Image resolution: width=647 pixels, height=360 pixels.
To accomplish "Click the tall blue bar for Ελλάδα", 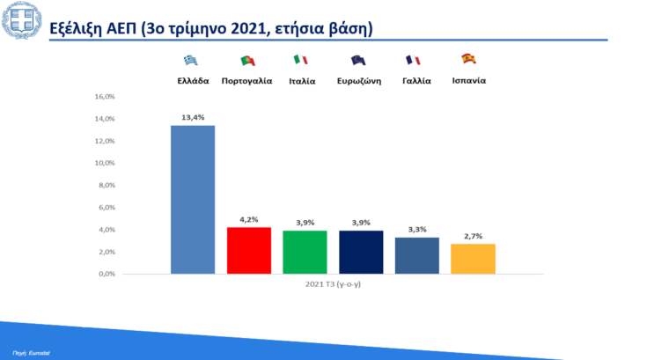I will [x=192, y=199].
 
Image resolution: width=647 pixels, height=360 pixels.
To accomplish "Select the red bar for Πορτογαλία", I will [x=249, y=250].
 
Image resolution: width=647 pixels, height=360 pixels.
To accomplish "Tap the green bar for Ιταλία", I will [x=305, y=252].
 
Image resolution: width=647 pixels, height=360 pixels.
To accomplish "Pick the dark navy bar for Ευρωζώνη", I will [x=361, y=252].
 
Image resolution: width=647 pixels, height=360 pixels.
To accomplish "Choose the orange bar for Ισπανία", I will [x=473, y=259].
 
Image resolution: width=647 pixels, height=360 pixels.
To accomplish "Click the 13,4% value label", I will [x=192, y=116].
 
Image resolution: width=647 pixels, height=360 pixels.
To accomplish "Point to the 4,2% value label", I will [x=249, y=219].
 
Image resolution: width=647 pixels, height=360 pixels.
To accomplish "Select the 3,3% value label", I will [x=416, y=229].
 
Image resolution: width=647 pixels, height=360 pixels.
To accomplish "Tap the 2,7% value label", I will [x=473, y=236].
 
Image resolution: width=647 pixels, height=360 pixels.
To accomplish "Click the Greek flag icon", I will [x=190, y=60].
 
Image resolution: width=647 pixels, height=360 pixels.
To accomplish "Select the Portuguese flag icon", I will [x=247, y=60].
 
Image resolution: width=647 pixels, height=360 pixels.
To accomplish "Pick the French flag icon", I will [x=412, y=60].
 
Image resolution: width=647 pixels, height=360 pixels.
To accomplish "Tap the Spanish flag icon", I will [x=469, y=59].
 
